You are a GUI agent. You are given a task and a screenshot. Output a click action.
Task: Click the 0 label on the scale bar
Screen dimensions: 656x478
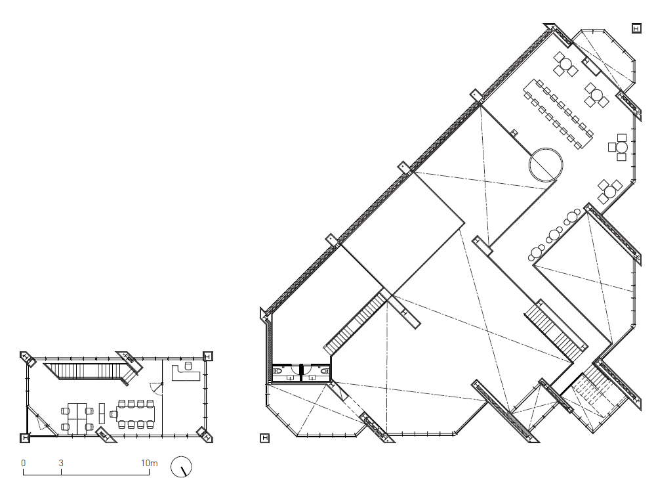click(x=24, y=463)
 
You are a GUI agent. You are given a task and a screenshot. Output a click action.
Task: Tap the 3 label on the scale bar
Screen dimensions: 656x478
click(x=61, y=463)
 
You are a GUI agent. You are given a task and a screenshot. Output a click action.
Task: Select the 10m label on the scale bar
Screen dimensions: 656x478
click(x=149, y=463)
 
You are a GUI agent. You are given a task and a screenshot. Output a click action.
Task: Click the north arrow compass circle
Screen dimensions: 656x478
click(x=181, y=467)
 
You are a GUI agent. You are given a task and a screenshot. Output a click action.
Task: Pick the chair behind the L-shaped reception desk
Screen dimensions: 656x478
click(x=188, y=366)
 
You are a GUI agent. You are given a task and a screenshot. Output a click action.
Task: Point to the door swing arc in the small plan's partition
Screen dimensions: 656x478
click(x=156, y=389)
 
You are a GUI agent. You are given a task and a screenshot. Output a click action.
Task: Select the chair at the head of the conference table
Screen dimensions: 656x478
click(x=113, y=414)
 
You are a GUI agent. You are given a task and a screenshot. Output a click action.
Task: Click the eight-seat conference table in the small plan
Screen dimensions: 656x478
click(x=136, y=414)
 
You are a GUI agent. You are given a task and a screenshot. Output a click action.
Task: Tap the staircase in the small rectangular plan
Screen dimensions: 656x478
click(x=92, y=372)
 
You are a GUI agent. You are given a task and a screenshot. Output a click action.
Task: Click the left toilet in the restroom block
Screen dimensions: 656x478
click(x=277, y=371)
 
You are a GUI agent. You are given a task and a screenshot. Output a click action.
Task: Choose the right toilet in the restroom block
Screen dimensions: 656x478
click(x=324, y=371)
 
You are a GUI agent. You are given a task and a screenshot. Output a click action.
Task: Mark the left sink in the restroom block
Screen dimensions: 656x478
click(x=289, y=378)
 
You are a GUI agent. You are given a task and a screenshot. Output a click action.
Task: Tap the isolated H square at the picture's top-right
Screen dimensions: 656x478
click(x=636, y=28)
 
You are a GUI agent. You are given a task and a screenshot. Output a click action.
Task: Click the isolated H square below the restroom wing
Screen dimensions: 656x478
click(x=265, y=438)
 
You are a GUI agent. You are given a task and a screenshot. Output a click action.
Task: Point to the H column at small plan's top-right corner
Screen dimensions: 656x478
click(x=208, y=356)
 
